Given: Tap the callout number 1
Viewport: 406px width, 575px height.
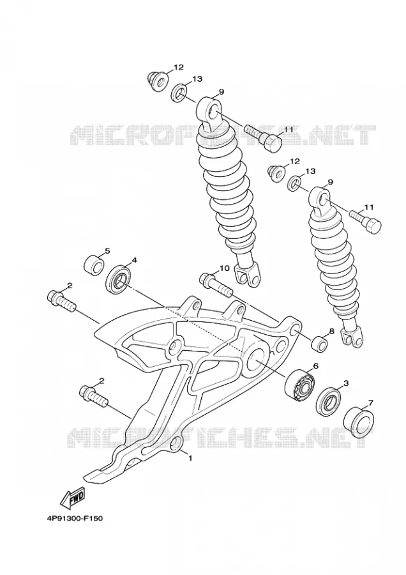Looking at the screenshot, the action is (x=190, y=457).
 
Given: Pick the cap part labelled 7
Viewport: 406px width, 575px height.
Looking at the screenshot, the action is (x=360, y=422).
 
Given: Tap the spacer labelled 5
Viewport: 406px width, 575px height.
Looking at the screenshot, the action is (x=94, y=264).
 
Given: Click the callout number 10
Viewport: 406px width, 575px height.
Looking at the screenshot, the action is (x=224, y=268).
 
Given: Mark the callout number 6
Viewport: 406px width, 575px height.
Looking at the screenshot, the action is (x=315, y=365).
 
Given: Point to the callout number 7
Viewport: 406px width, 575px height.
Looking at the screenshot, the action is (x=370, y=403).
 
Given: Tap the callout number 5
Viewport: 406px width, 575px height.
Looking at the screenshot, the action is (x=107, y=251).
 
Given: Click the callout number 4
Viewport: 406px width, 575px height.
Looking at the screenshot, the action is (x=134, y=260).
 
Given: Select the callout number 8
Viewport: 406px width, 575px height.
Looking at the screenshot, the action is (x=331, y=331).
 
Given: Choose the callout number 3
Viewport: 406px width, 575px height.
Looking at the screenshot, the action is (x=345, y=383).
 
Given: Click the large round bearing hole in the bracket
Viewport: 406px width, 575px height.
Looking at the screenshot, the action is (x=256, y=359).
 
